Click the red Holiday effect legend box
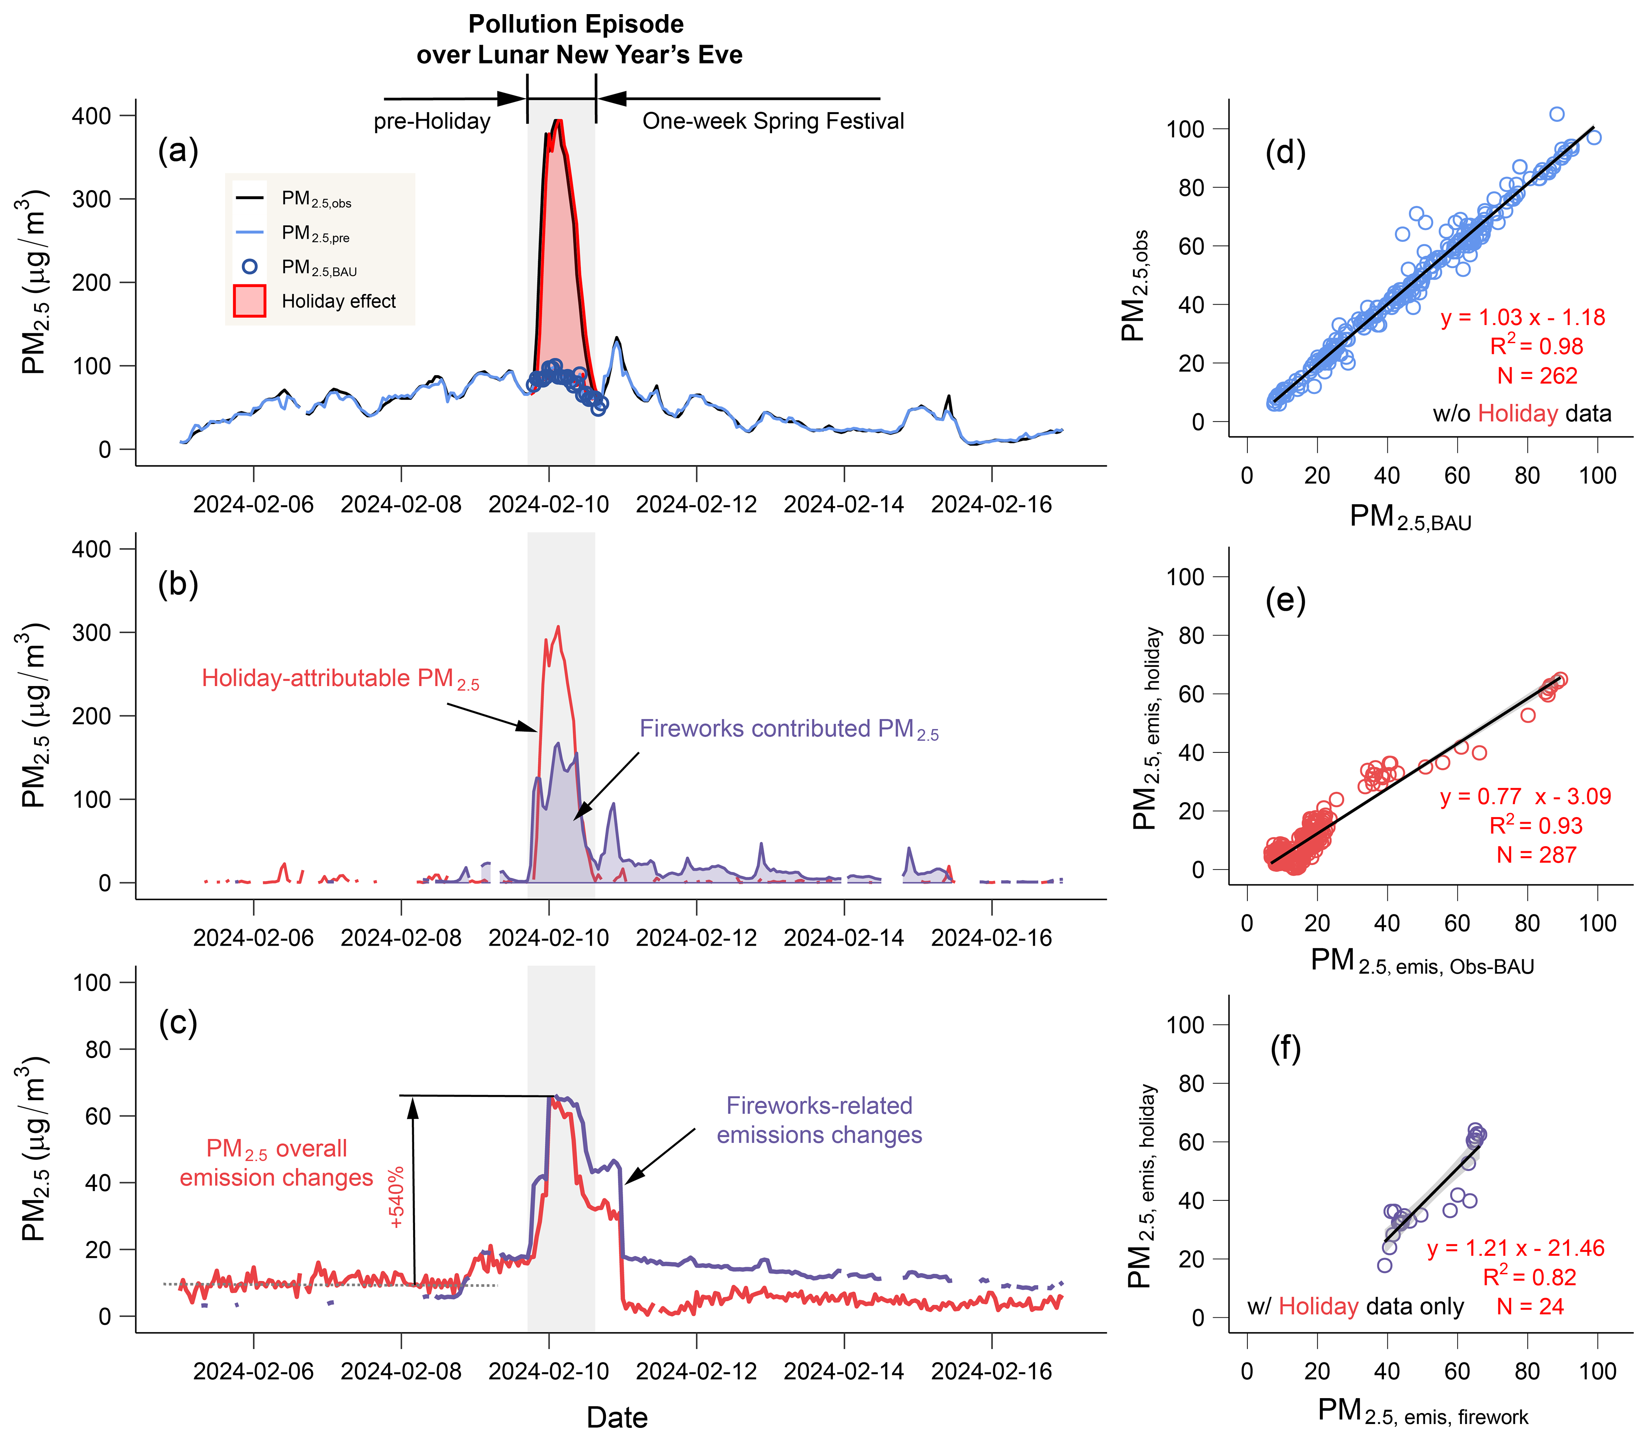(x=249, y=301)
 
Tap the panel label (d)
(x=1285, y=152)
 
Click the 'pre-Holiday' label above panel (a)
(x=432, y=122)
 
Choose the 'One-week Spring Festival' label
(x=773, y=122)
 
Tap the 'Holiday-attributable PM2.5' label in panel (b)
(x=340, y=678)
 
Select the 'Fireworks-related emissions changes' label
(x=819, y=1120)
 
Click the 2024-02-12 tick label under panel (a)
(x=696, y=505)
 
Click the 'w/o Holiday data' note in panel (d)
(x=1522, y=414)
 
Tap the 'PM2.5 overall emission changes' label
(x=276, y=1163)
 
